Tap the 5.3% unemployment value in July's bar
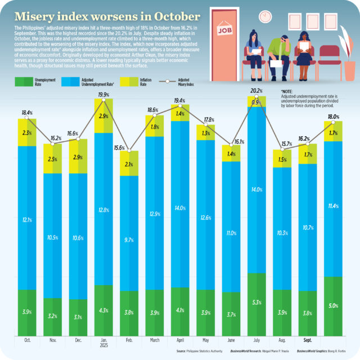point(256,303)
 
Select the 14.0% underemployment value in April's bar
point(180,208)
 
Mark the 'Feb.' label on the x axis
point(129,341)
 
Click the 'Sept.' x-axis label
point(307,341)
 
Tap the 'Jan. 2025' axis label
point(103,343)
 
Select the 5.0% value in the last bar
point(333,305)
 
